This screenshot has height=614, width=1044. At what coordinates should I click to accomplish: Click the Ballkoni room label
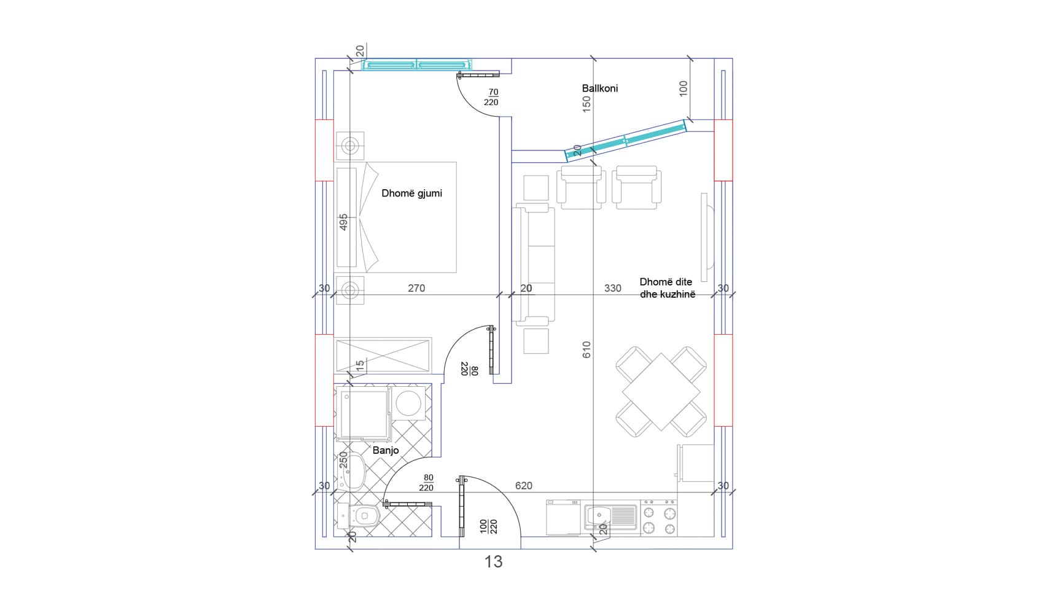point(600,88)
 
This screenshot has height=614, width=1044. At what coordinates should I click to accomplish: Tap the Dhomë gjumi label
point(411,193)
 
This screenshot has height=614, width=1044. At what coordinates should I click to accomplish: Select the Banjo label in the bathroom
point(386,450)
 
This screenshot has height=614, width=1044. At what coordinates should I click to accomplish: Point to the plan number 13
point(494,562)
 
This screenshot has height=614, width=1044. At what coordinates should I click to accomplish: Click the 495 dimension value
point(343,222)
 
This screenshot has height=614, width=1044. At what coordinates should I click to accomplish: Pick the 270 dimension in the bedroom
point(416,289)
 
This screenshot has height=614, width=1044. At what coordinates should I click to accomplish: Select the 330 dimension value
point(612,289)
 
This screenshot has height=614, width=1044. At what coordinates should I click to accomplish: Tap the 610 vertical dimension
point(586,350)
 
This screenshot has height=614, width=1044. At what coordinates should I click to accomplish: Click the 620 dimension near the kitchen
point(523,486)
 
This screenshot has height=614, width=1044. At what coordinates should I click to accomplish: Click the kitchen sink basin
point(599,516)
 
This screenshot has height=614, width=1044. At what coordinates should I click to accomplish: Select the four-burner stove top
point(659,518)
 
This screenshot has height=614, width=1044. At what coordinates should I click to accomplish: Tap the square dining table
point(661,392)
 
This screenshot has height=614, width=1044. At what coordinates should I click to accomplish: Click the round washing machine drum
point(408,403)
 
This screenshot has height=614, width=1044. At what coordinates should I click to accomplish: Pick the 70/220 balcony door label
point(491,98)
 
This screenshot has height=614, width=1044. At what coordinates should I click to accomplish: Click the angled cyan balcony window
point(625,140)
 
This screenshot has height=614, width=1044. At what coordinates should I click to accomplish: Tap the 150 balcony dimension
point(586,103)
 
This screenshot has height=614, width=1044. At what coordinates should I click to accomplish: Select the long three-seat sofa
point(534,265)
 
